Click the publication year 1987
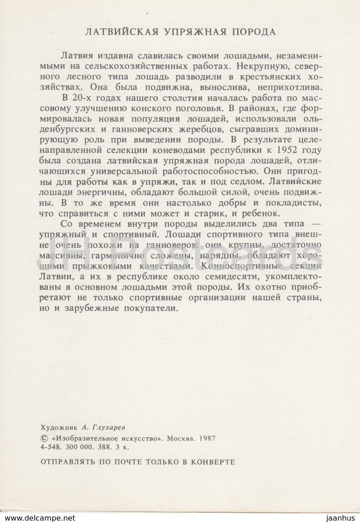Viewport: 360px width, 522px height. coord(209,439)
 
